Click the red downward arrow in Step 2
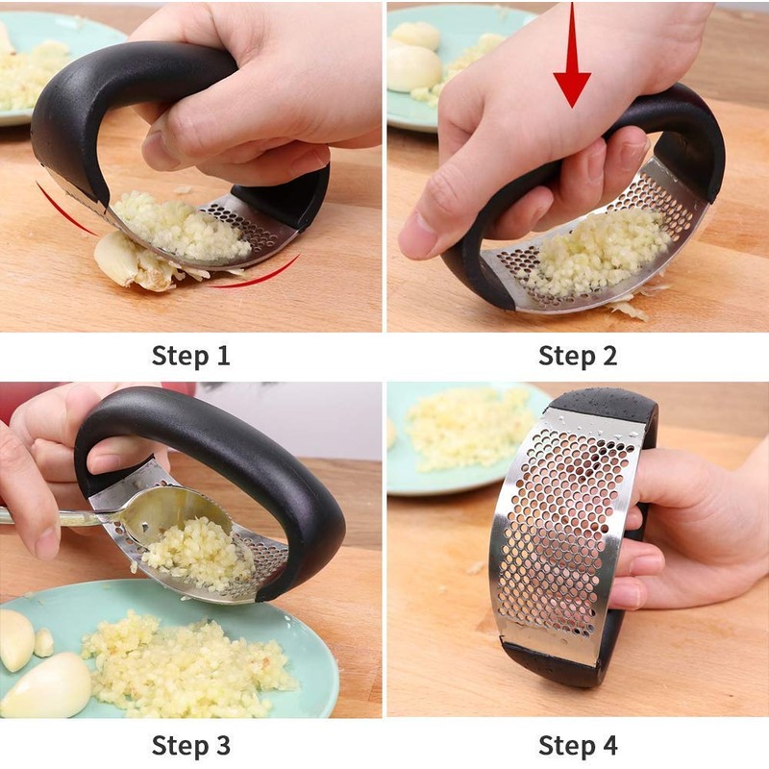coord(572,58)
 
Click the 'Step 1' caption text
coord(190,356)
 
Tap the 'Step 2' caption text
coord(577,356)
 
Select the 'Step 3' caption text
coord(190,745)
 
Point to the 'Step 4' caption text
coord(577,745)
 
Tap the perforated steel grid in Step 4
coord(558,538)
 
